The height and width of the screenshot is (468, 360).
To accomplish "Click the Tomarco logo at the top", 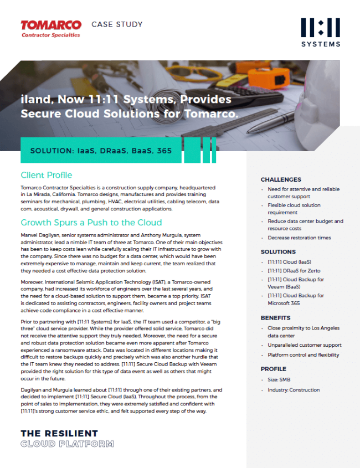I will tap(50, 28).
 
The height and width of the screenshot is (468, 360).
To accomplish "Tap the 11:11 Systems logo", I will tap(321, 32).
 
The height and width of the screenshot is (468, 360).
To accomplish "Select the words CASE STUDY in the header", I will tap(117, 24).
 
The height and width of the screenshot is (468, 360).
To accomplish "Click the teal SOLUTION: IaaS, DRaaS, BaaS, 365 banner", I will tap(101, 150).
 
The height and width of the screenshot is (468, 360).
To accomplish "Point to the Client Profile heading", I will tap(47, 175).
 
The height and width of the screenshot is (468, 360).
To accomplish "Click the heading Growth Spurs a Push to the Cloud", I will tap(91, 223).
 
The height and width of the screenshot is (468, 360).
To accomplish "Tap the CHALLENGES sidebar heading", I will tap(281, 179).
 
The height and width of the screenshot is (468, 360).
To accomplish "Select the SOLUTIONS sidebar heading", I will tap(278, 252).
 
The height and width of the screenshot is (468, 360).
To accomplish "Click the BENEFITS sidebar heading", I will tap(275, 318).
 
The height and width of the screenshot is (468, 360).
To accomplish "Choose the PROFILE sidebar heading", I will tap(274, 369).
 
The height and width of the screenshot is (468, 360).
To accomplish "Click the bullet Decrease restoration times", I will tap(299, 238).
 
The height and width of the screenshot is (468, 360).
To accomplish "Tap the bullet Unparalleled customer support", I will tap(305, 345).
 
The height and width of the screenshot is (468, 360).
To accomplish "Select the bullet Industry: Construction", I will tap(294, 390).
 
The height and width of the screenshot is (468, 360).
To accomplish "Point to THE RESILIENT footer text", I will tap(59, 433).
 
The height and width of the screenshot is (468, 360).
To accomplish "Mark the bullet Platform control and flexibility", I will tap(304, 355).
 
